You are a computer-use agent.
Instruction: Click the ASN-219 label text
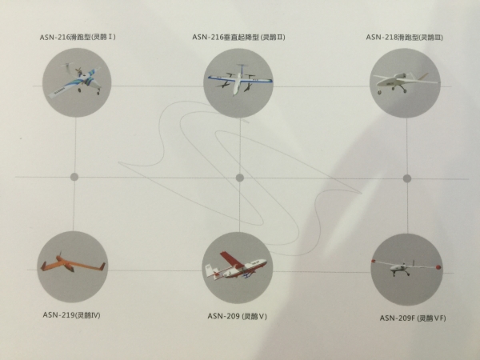(71, 315)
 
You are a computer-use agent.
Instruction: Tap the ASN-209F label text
(413, 318)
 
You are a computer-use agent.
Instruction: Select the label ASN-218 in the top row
(404, 38)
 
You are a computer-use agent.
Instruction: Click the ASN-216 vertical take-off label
(238, 38)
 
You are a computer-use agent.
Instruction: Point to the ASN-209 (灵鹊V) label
(238, 316)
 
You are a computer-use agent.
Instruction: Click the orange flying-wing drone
(73, 264)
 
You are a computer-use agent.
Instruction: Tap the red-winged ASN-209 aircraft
(236, 266)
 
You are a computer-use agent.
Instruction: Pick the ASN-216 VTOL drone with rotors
(240, 79)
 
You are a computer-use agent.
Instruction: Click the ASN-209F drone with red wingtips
(406, 267)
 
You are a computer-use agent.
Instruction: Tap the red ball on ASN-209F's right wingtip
(438, 267)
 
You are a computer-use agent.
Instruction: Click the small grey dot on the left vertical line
(74, 177)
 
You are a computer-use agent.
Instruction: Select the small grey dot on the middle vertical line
(240, 178)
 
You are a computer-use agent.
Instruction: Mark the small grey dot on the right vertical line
(407, 178)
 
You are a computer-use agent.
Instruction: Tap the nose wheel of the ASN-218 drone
(380, 92)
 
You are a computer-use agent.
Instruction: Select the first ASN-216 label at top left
(78, 38)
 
